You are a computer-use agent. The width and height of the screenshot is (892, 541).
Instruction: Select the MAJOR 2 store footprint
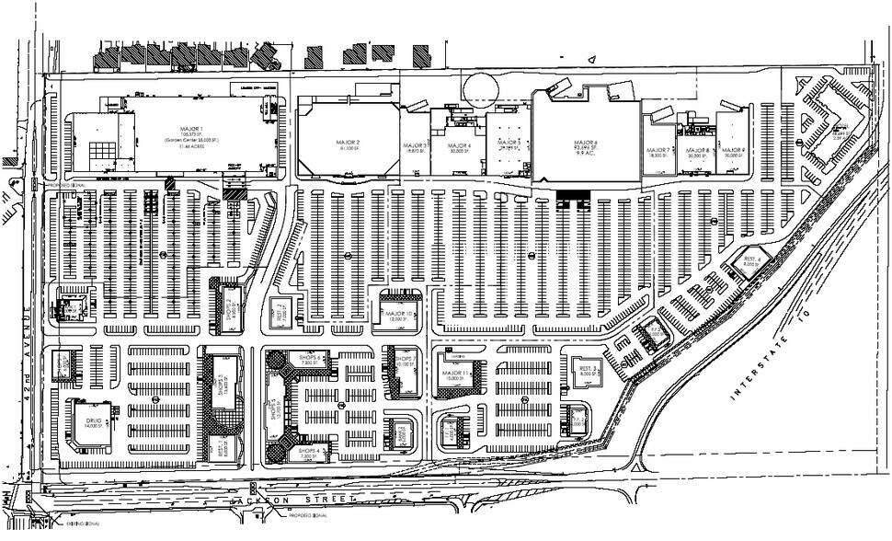click(x=348, y=142)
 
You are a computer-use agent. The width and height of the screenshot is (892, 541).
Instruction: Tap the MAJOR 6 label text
click(x=589, y=144)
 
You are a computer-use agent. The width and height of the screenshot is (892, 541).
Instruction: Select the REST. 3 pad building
click(x=588, y=371)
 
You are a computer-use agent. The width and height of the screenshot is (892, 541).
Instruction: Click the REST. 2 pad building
click(x=280, y=311)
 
